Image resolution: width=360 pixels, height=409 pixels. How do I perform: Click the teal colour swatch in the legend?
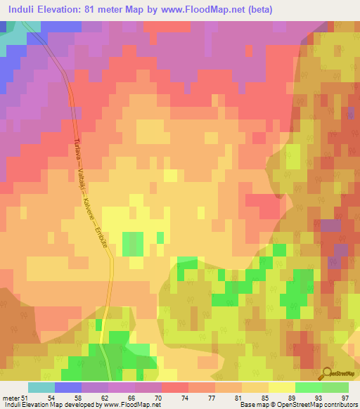click(41, 387)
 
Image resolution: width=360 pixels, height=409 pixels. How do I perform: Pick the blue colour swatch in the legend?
click(67, 387)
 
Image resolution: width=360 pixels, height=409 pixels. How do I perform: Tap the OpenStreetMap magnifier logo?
click(328, 373)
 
